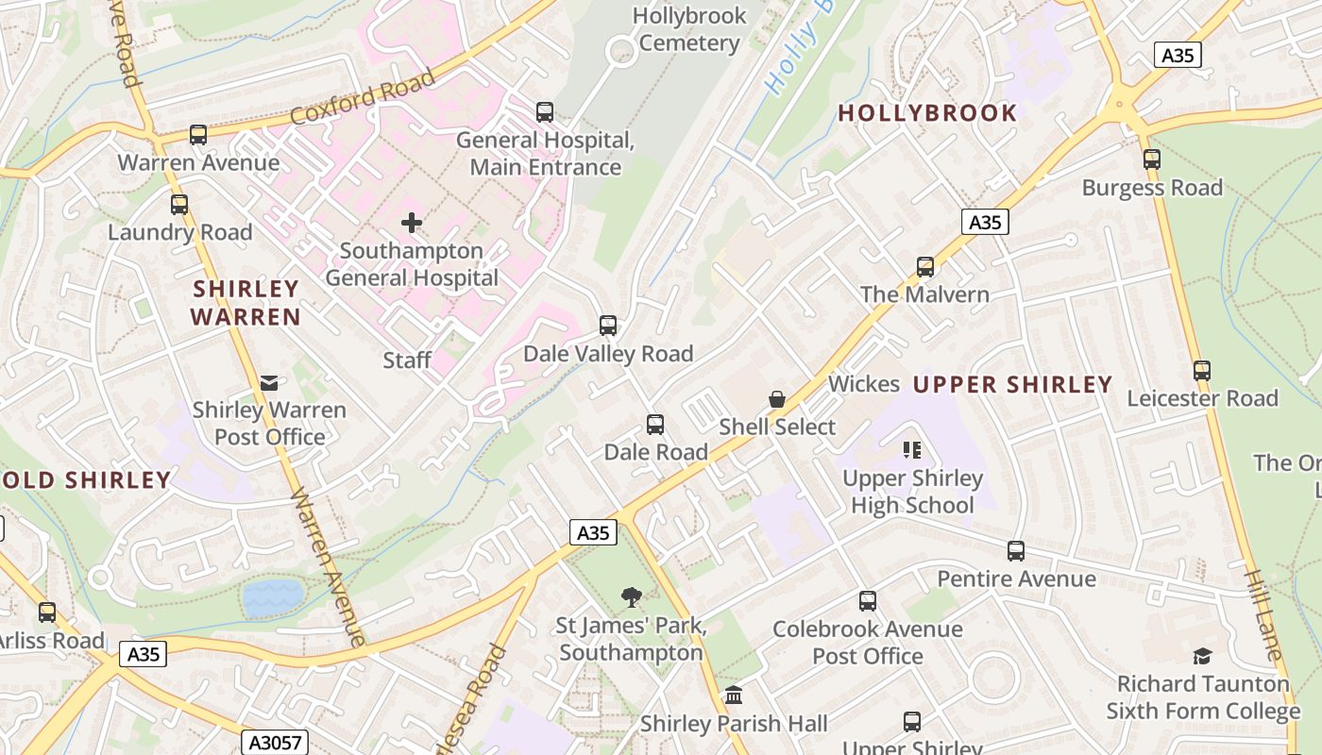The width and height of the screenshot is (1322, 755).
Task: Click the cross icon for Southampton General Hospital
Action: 412,223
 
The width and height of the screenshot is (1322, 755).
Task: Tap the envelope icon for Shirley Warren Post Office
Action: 269,382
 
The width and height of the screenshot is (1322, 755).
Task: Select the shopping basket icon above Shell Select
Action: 777,399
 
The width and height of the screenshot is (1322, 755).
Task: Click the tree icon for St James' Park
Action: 631,596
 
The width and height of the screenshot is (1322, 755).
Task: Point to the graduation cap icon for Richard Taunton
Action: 1202,655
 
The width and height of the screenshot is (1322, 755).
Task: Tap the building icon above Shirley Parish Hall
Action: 733,696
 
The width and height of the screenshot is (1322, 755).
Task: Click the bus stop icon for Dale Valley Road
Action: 608,326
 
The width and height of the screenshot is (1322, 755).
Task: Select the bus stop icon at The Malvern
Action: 925,266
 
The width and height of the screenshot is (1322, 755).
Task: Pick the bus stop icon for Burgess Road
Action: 1152,159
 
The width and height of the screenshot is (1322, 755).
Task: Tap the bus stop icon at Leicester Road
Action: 1201,370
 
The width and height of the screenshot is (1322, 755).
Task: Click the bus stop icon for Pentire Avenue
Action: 1016,550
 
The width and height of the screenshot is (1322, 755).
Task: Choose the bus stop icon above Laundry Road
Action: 179,204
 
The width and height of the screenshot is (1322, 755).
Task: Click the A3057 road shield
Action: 274,743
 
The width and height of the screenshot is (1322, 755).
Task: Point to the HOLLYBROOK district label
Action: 927,113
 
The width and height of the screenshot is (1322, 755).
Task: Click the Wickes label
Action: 864,384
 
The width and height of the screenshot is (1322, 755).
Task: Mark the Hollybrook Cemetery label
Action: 689,29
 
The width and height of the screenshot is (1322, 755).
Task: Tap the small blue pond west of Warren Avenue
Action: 273,596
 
